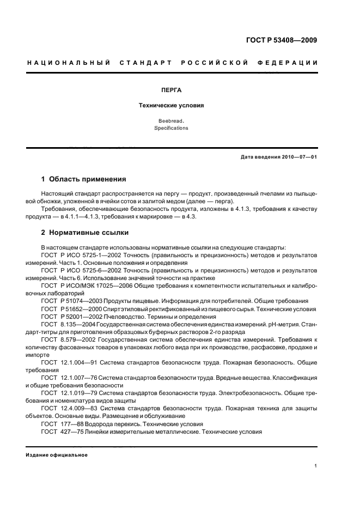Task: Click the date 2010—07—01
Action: [298, 157]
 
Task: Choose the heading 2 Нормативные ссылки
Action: [85, 233]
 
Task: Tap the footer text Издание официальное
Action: [57, 440]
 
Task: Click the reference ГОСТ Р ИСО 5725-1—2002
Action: [78, 255]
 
